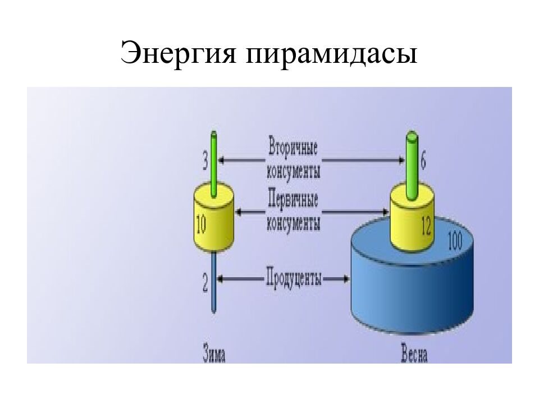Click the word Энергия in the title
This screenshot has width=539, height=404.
179,53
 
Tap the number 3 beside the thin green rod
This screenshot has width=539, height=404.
205,162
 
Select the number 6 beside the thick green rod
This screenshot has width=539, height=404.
423,160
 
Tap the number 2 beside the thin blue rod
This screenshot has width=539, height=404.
205,283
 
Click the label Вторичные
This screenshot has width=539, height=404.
293,147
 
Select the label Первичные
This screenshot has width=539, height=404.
293,199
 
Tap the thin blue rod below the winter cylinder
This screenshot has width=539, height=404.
213,282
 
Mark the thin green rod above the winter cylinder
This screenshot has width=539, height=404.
214,164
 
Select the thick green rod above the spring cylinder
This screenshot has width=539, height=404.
412,166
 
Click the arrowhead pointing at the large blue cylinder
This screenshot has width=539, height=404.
346,278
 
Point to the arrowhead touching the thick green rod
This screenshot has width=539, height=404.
401,160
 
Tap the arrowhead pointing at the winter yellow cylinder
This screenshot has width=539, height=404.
239,212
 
